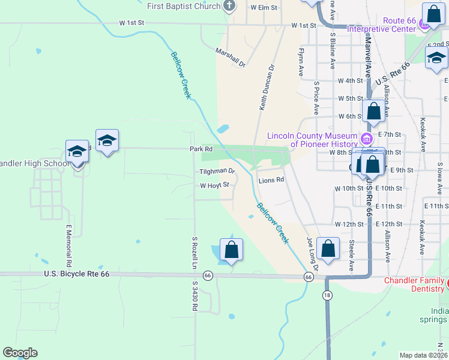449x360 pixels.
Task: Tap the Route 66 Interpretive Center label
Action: click(x=390, y=25)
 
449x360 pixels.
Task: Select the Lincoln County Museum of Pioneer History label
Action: click(x=312, y=140)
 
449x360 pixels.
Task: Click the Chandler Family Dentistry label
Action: click(x=414, y=285)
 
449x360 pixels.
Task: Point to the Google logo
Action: click(x=20, y=353)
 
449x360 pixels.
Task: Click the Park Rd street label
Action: click(x=201, y=148)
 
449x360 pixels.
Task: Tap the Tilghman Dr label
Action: click(x=217, y=171)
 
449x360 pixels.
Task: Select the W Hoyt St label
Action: click(x=215, y=185)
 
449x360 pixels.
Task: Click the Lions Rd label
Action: click(x=270, y=180)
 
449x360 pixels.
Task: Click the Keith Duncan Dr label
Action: click(x=267, y=88)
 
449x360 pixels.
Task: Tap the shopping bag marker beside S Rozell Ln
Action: click(x=231, y=250)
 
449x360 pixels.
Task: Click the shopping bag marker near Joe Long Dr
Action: click(x=328, y=249)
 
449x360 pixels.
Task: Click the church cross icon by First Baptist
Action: click(x=228, y=7)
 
